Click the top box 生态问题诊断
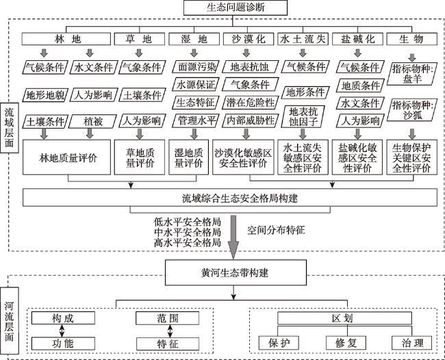click(236, 8)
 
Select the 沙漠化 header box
click(249, 39)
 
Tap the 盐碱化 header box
click(357, 39)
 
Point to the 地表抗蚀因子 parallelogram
click(303, 116)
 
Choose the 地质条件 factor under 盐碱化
click(360, 86)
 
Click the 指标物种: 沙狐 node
click(412, 110)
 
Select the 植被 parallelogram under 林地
click(93, 121)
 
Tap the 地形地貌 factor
click(45, 94)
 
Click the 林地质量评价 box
click(66, 157)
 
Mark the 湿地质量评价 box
click(189, 157)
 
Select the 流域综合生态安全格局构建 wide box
click(230, 198)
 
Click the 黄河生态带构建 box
click(236, 272)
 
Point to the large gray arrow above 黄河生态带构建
click(233, 237)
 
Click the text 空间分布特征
click(276, 230)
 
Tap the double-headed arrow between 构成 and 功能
click(62, 331)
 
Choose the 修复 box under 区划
click(346, 343)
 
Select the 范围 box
click(168, 318)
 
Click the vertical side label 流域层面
click(9, 128)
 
